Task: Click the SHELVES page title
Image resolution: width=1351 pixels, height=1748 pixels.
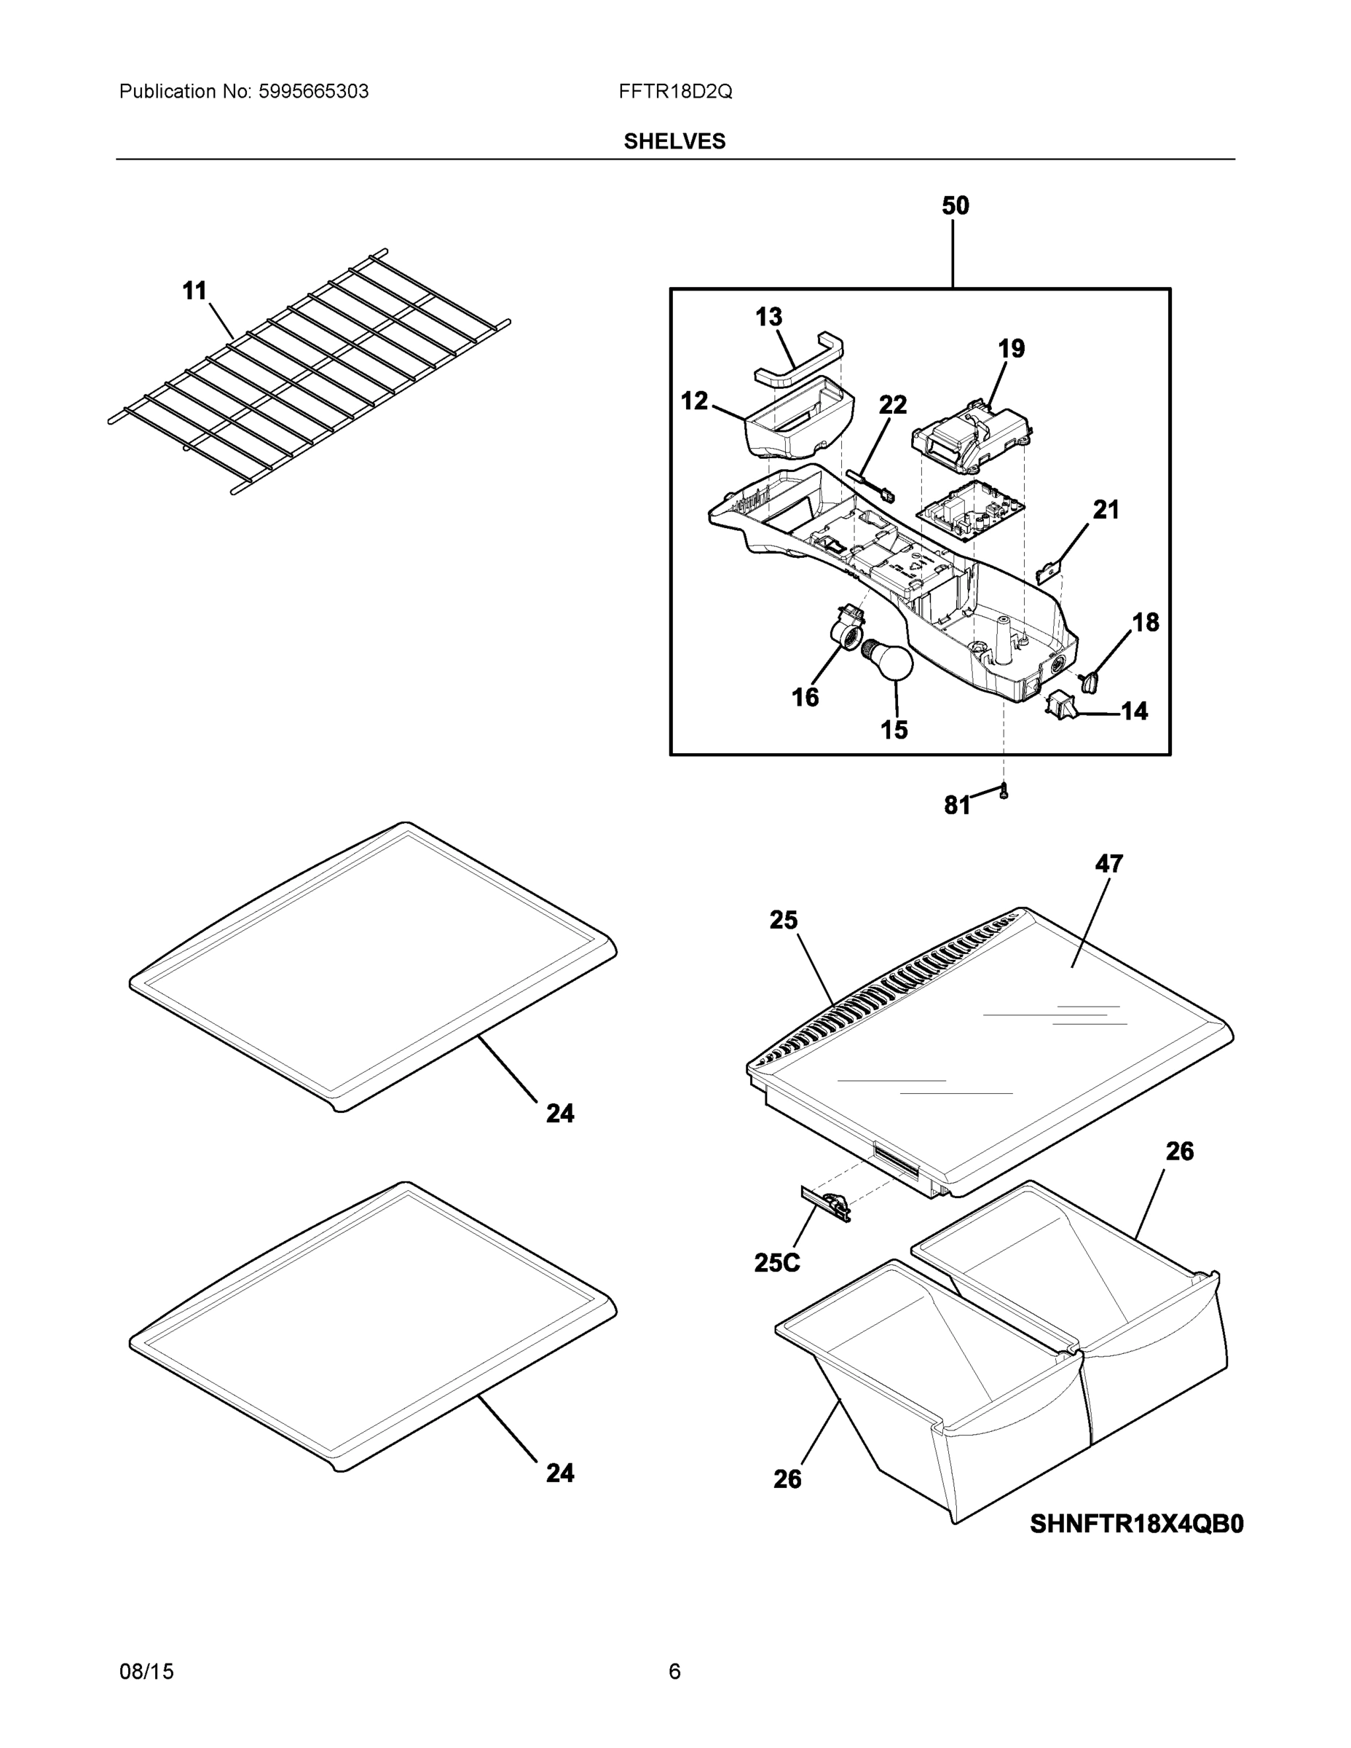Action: point(674,142)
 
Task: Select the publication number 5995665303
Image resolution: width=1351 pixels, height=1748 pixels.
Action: point(313,92)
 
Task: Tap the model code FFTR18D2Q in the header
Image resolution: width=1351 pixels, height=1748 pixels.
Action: point(674,92)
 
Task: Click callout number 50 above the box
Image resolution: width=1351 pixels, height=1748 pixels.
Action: point(955,207)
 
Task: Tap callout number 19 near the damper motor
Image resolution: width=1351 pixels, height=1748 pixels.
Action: point(1011,349)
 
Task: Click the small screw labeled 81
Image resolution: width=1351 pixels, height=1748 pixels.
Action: point(1004,792)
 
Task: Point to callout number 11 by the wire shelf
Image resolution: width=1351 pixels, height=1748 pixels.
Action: point(194,291)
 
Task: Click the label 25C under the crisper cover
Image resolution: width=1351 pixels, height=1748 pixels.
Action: point(776,1262)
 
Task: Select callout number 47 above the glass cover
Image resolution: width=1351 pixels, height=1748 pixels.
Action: point(1108,864)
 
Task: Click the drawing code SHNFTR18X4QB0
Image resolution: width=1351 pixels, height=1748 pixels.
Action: point(1135,1524)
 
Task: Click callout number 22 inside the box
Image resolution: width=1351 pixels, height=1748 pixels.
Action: point(892,406)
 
